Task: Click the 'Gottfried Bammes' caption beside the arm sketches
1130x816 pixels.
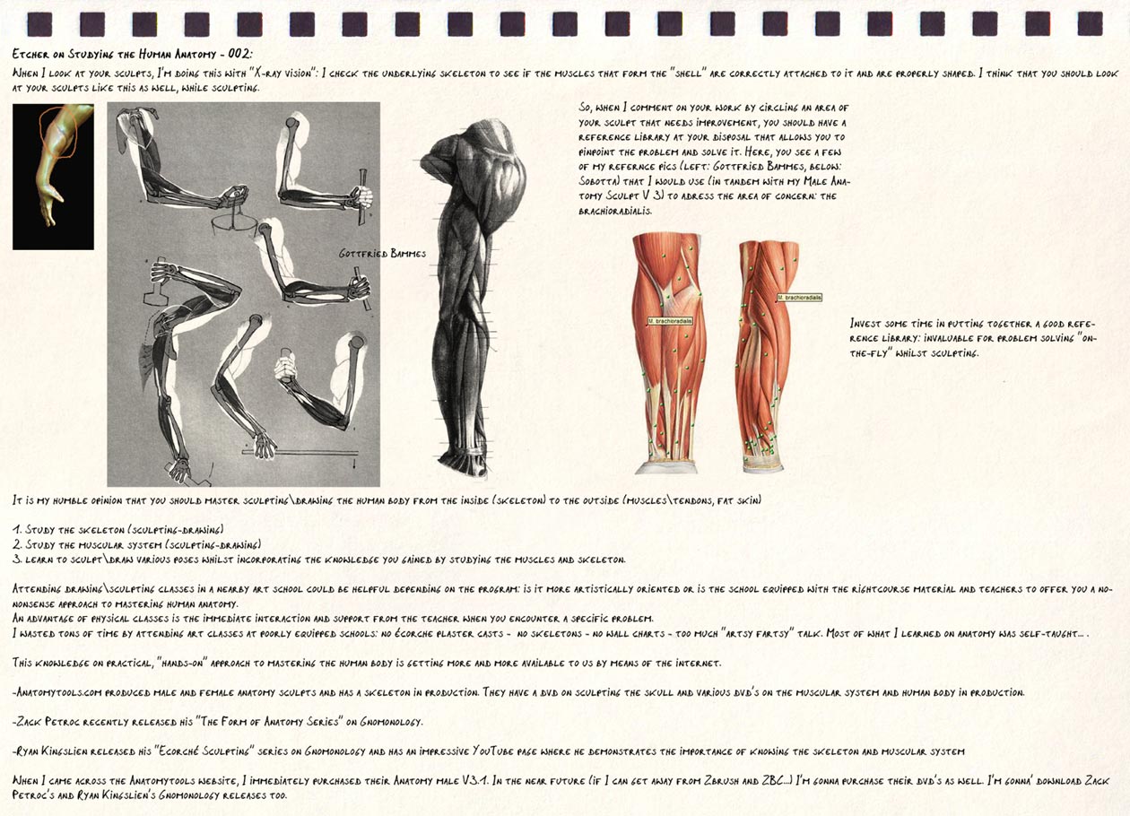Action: click(x=382, y=254)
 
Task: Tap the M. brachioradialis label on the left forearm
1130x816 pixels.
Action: click(x=673, y=319)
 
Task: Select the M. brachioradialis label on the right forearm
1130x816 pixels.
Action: click(x=799, y=297)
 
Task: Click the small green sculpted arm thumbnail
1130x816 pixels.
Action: click(x=53, y=176)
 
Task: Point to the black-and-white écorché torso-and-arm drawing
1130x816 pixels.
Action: click(x=463, y=296)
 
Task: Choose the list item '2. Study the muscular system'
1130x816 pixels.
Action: click(x=135, y=544)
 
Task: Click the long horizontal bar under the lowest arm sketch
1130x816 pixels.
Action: click(x=300, y=452)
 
